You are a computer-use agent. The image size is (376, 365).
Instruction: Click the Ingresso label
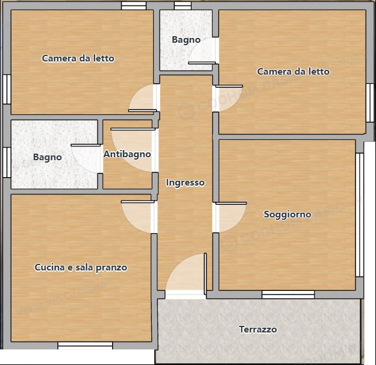(x=185, y=182)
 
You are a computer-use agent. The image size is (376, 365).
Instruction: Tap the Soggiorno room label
(x=287, y=214)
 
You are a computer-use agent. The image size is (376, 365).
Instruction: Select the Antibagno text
(x=127, y=154)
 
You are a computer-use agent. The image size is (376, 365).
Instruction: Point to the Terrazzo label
(x=258, y=329)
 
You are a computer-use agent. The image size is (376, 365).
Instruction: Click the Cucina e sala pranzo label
(x=81, y=267)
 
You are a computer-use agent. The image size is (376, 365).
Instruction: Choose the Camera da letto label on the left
(x=78, y=58)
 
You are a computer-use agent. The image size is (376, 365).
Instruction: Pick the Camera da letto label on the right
(x=293, y=72)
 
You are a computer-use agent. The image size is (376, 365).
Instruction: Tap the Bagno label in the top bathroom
(x=186, y=40)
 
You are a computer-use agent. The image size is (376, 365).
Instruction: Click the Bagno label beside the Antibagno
(x=47, y=157)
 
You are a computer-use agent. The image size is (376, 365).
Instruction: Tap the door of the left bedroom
(x=143, y=101)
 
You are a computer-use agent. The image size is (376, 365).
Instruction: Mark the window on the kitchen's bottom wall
(x=85, y=345)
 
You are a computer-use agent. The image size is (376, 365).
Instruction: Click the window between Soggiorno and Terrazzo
(x=287, y=295)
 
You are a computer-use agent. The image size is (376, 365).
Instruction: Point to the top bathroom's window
(x=183, y=6)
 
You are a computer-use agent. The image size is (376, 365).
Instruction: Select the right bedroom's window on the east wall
(x=370, y=103)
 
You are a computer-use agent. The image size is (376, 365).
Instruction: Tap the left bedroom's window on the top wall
(x=133, y=6)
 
